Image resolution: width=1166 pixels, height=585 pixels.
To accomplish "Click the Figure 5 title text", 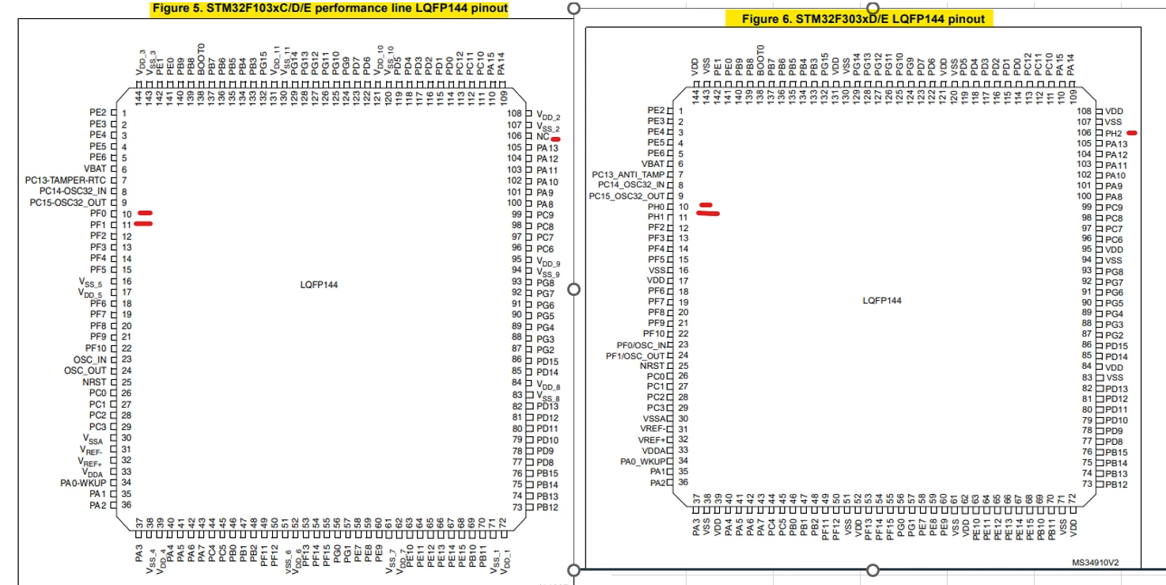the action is (x=330, y=9).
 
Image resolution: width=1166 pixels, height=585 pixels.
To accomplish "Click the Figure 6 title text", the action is (x=863, y=19).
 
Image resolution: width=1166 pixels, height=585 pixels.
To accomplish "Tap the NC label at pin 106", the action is (x=543, y=136).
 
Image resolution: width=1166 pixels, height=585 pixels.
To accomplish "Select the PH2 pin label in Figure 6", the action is (x=1114, y=133).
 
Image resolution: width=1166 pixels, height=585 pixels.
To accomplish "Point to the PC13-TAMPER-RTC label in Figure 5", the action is (x=66, y=180).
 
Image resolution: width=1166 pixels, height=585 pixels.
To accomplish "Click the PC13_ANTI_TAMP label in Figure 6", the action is (x=628, y=174).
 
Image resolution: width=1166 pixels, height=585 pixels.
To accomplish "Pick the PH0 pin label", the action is (x=656, y=207).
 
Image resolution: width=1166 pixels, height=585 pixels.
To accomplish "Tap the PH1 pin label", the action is (x=656, y=217).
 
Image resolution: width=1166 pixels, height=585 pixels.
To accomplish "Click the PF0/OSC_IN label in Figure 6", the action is (x=642, y=345).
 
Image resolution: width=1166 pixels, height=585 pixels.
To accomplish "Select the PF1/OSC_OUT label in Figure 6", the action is (x=635, y=356).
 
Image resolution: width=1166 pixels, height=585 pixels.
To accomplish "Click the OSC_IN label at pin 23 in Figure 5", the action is (x=89, y=360).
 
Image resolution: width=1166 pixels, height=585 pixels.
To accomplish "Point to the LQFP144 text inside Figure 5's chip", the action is (x=319, y=285).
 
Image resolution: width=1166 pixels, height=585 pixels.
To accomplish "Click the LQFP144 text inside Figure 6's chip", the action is (x=882, y=301).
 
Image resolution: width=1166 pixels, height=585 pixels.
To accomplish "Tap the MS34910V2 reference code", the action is (x=1096, y=563).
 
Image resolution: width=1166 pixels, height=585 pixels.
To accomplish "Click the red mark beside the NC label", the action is (x=556, y=139).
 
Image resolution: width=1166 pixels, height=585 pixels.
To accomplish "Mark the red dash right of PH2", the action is (x=1132, y=133).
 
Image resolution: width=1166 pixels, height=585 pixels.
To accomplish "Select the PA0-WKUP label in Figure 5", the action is (x=83, y=484).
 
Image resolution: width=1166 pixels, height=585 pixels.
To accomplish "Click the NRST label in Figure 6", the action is (x=653, y=367).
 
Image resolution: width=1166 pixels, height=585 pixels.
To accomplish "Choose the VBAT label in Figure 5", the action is (x=95, y=169).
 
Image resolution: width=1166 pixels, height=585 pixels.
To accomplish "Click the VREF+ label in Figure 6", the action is (x=652, y=440).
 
